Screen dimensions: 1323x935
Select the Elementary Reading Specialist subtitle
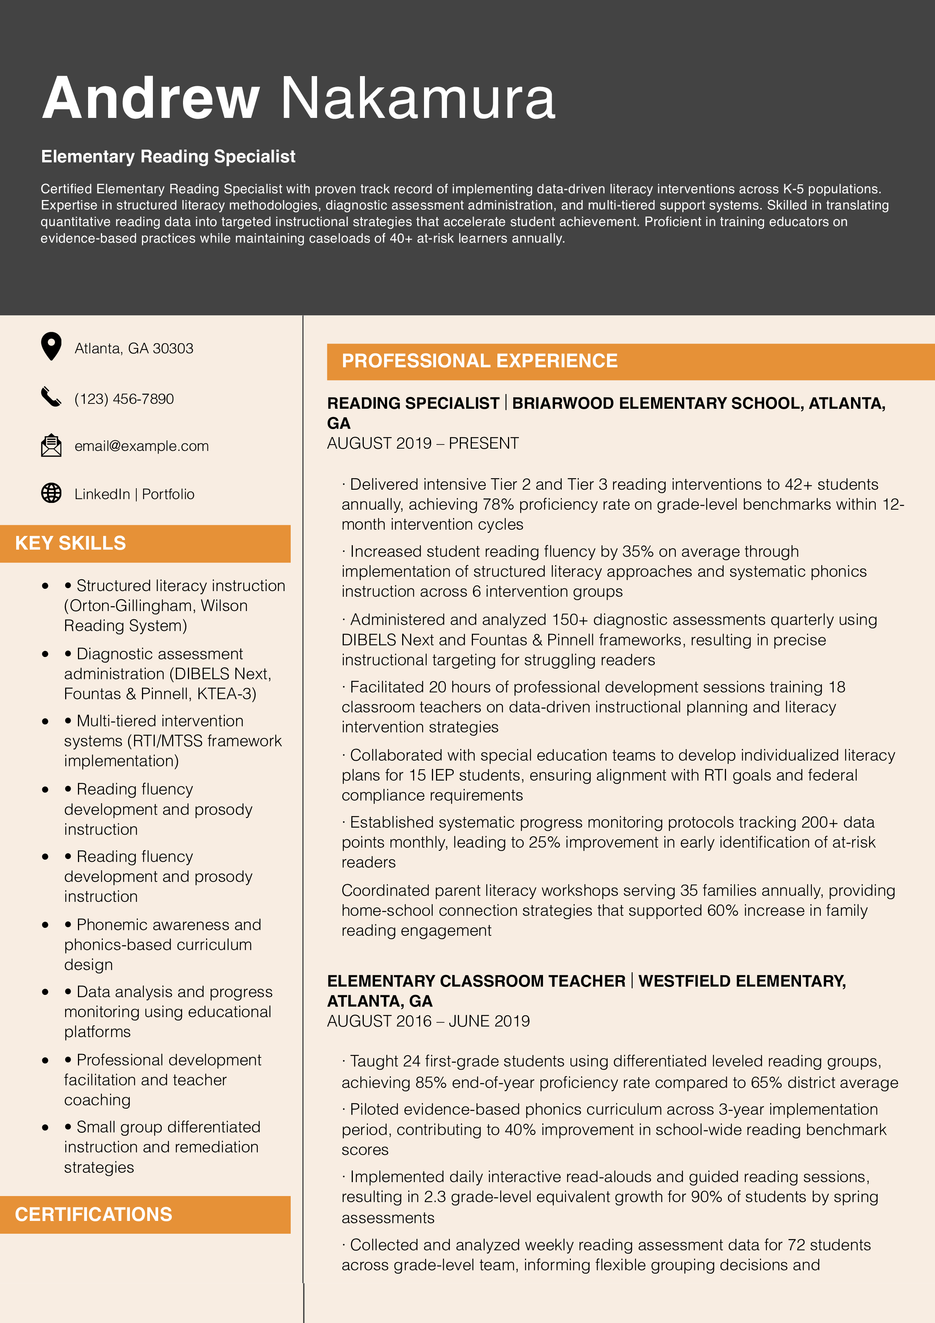tap(168, 156)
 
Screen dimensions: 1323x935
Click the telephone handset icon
tap(51, 397)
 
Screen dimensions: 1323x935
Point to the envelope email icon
tap(51, 445)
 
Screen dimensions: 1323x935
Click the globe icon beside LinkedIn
tap(51, 493)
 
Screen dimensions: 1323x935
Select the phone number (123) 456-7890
tap(124, 399)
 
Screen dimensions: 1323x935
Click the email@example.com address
tap(141, 446)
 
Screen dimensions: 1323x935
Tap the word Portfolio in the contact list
tap(168, 494)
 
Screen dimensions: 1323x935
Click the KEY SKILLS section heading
tap(70, 543)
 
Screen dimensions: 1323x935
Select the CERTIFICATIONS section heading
tap(93, 1214)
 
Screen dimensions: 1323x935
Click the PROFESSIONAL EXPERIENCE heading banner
tap(479, 361)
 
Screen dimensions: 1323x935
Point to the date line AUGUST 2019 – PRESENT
tap(423, 443)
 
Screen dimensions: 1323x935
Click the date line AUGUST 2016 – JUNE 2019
tap(428, 1021)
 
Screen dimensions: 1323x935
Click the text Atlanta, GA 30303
tap(134, 348)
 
